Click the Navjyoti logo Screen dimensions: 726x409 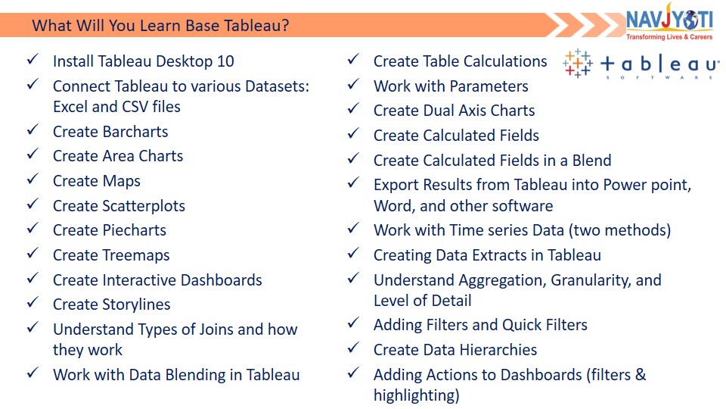click(x=669, y=22)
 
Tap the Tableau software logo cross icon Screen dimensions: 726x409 click(x=577, y=63)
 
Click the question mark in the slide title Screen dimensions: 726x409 click(x=285, y=25)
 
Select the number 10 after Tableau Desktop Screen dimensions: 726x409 click(x=225, y=61)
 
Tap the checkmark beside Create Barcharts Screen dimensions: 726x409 click(x=33, y=130)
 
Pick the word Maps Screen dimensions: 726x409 click(x=121, y=181)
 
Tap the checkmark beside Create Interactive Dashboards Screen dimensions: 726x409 click(x=33, y=278)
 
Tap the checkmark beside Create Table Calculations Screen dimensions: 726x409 click(x=354, y=59)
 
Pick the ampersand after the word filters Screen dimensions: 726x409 click(x=641, y=375)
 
